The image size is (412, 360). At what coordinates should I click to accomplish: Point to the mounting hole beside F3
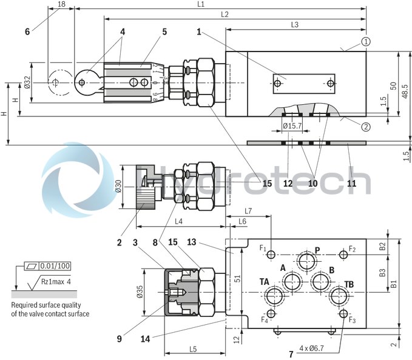tap(344, 315)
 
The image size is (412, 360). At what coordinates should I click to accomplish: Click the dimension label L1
tap(217, 4)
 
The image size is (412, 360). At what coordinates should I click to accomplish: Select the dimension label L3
tap(295, 24)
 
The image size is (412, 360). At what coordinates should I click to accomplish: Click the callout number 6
tap(27, 32)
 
